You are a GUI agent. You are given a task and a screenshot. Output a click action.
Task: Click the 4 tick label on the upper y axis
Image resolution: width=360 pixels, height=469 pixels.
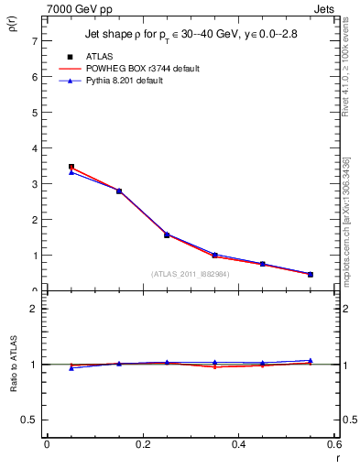point(33,148)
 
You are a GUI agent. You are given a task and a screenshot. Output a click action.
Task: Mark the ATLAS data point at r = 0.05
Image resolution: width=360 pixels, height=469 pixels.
point(71,167)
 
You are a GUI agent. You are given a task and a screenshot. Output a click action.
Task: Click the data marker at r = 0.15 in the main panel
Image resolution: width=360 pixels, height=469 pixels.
point(119,191)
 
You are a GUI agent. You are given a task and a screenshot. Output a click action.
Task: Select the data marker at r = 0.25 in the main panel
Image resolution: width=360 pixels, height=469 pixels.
point(167,234)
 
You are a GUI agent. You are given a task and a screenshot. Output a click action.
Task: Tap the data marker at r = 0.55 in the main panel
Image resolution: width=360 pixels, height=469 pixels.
point(311,274)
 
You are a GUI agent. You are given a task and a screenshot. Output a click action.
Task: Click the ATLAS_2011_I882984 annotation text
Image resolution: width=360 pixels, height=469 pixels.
point(189,273)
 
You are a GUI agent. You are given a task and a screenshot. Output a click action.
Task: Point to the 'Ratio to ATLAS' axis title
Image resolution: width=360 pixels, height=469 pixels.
point(13,363)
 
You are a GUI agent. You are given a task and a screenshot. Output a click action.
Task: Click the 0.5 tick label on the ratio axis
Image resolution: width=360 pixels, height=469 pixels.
point(28,420)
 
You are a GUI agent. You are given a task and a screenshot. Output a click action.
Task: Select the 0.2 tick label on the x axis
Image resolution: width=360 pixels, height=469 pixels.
point(142,444)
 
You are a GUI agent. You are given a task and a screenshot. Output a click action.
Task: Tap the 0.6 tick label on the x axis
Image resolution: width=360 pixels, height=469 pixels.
point(334,444)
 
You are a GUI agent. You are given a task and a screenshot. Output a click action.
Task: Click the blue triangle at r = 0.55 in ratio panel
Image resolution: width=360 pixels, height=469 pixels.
point(311,360)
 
